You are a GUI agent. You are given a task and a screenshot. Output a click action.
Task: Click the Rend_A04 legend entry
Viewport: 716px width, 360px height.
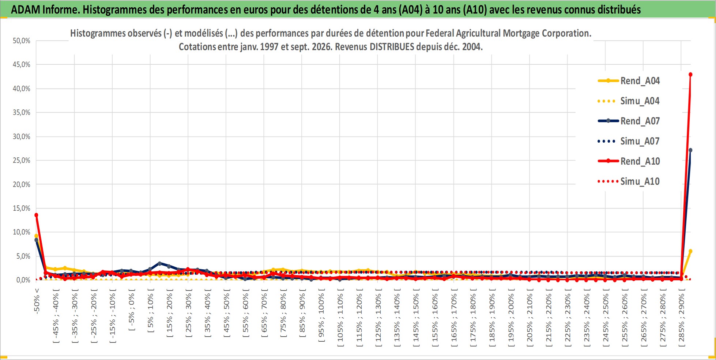pyautogui.click(x=629, y=81)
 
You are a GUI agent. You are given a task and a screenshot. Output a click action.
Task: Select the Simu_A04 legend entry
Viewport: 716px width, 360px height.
pyautogui.click(x=629, y=101)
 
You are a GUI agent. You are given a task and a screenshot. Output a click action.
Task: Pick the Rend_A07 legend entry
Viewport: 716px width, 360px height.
pyautogui.click(x=629, y=121)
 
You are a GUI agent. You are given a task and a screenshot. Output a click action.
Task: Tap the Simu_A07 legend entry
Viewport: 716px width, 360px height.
pyautogui.click(x=629, y=141)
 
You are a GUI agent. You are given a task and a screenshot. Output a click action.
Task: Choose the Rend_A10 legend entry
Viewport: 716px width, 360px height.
pyautogui.click(x=629, y=161)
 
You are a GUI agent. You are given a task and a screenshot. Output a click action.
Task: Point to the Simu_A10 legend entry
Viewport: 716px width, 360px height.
pyautogui.click(x=629, y=181)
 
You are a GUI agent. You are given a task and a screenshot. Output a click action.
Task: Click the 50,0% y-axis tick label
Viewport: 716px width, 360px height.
pyautogui.click(x=22, y=41)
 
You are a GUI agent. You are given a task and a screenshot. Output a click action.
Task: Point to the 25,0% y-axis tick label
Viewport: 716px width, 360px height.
pyautogui.click(x=22, y=160)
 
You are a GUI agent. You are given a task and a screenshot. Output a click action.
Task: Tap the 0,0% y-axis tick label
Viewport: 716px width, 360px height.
pyautogui.click(x=23, y=280)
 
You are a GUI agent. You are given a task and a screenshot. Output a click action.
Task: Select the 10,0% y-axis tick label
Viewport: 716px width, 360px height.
pyautogui.click(x=22, y=232)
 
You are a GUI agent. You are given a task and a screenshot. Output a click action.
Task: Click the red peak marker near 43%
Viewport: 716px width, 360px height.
pyautogui.click(x=690, y=75)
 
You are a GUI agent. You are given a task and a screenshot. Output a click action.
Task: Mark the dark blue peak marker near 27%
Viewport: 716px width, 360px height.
pyautogui.click(x=690, y=150)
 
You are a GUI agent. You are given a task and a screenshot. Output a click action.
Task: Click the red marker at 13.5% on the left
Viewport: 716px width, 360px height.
pyautogui.click(x=36, y=215)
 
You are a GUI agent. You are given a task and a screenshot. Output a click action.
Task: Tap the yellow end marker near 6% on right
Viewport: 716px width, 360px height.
pyautogui.click(x=690, y=251)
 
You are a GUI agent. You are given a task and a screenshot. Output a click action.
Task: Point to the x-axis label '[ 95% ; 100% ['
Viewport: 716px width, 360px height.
pyautogui.click(x=321, y=315)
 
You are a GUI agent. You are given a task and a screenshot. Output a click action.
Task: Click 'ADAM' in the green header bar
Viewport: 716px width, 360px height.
pyautogui.click(x=26, y=10)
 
